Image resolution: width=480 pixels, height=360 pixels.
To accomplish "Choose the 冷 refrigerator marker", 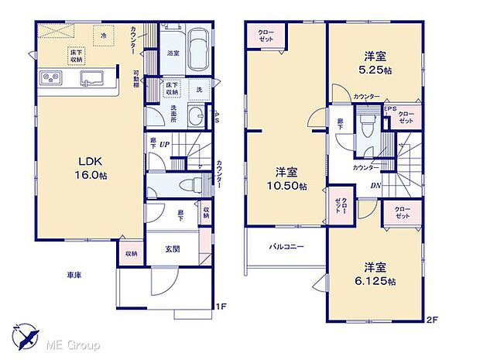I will (x=103, y=34).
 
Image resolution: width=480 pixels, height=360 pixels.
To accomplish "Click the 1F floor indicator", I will (x=221, y=306).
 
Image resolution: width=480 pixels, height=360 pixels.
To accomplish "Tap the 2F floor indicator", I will (x=431, y=318).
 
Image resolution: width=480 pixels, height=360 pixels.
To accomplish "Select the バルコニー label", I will (x=286, y=247).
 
